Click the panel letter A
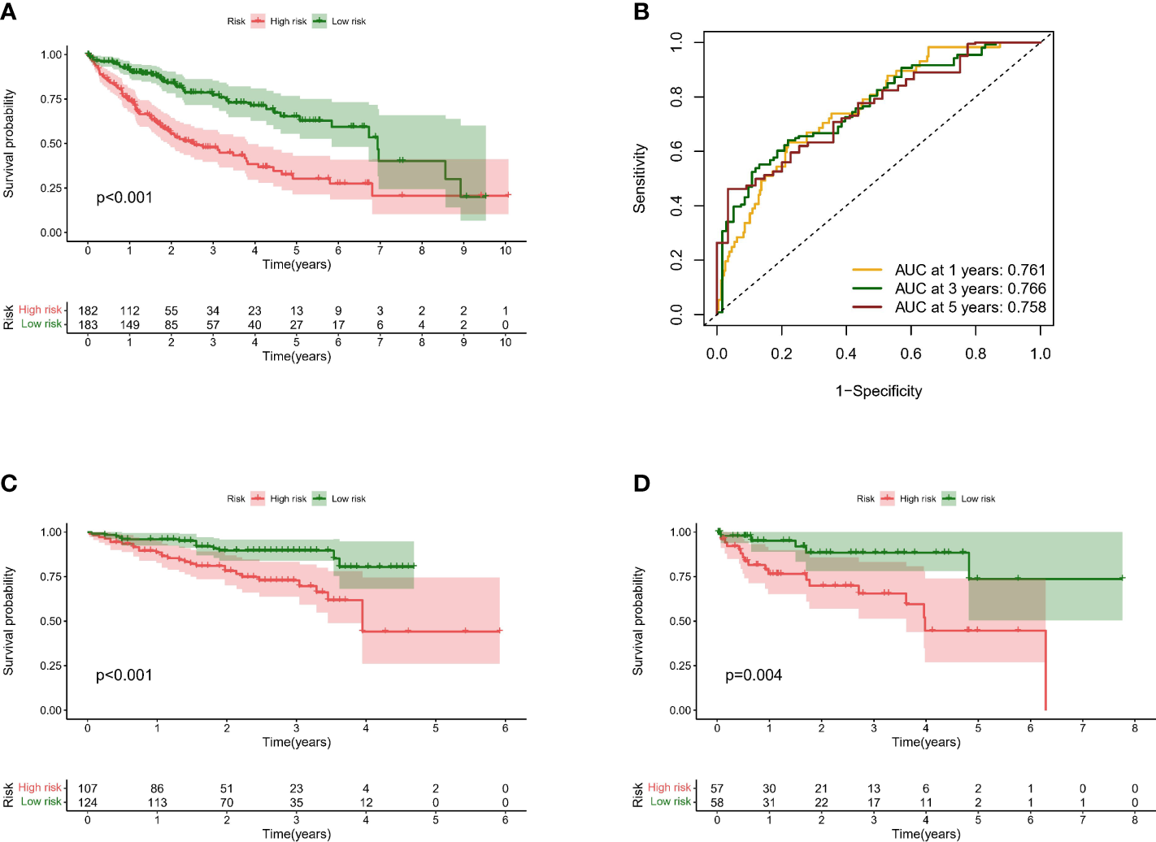[8, 11]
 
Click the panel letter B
[641, 11]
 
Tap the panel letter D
[641, 484]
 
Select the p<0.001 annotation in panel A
[124, 197]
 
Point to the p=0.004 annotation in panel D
[754, 675]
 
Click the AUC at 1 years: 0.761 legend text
[970, 270]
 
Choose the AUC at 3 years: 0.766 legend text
[970, 289]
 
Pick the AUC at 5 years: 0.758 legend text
[970, 307]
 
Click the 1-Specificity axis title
[879, 391]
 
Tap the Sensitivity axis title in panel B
[640, 179]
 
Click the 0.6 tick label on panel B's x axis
[910, 354]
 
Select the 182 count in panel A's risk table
[88, 310]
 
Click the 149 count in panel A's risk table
[130, 324]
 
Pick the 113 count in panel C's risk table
[157, 802]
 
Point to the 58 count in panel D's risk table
[717, 802]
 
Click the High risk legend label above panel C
[288, 499]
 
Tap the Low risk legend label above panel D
[978, 499]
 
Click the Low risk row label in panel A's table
[41, 323]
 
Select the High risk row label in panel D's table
[669, 788]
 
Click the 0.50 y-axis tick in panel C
[51, 621]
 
